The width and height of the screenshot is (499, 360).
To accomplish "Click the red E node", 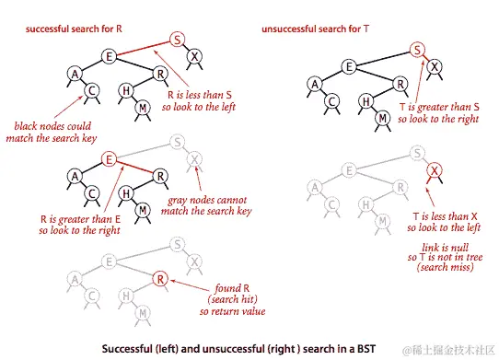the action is click(109, 159).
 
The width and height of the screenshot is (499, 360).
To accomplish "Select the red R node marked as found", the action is click(160, 279).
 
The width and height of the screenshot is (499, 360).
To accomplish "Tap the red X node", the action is click(434, 170).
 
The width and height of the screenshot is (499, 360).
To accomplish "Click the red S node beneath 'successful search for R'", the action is click(177, 40).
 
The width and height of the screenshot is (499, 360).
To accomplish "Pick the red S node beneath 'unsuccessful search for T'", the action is click(417, 50).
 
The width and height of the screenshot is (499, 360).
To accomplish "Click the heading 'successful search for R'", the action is click(74, 29).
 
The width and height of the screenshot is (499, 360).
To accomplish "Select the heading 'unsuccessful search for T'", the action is click(315, 29).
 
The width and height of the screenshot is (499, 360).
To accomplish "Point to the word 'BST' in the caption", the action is click(366, 349).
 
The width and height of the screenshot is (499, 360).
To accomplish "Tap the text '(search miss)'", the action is click(445, 267).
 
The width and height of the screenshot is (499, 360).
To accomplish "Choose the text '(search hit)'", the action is click(232, 299).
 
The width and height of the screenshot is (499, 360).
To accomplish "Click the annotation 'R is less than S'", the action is click(200, 95).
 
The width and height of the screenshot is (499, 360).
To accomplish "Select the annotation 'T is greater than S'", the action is click(439, 107).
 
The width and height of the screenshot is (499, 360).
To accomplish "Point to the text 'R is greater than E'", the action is click(80, 219).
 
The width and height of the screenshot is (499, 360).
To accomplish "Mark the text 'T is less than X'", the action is click(446, 216).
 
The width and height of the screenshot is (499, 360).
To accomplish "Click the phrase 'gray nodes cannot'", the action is click(207, 200).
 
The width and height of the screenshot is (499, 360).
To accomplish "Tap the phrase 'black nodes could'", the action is click(52, 126).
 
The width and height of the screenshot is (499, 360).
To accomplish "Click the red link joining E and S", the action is click(144, 49).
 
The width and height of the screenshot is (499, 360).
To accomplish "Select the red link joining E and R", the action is click(134, 168).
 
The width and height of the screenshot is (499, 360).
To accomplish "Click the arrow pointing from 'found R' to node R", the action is click(190, 285).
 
